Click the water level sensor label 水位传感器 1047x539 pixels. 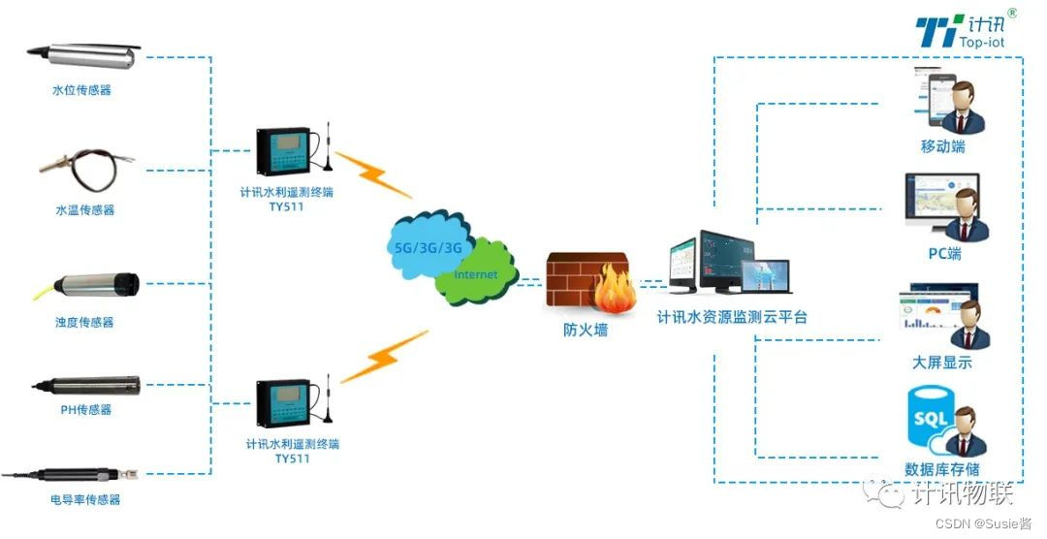[x=81, y=90]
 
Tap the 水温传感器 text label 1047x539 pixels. [x=84, y=210]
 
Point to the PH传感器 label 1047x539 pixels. [x=85, y=410]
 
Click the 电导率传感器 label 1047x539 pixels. [x=85, y=500]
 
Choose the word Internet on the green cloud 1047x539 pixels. [x=476, y=274]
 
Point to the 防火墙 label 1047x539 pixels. [x=586, y=330]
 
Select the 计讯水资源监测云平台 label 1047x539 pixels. [x=732, y=317]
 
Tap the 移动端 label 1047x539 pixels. [x=942, y=146]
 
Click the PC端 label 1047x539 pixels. [x=943, y=254]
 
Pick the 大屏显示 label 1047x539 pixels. [x=941, y=363]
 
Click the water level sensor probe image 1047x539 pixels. [x=83, y=56]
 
